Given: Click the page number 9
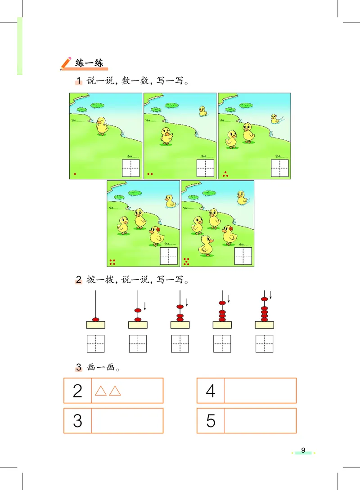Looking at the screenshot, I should coord(303,450).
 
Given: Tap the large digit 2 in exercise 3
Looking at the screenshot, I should coord(77,391).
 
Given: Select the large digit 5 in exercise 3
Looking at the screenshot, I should coord(211,421).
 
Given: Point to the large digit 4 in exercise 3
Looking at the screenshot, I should coord(211,391).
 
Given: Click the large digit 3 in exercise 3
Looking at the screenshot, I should coord(77,421).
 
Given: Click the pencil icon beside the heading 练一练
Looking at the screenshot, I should coord(66,63).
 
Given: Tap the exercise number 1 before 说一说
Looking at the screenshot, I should coord(79,81).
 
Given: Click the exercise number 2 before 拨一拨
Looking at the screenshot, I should coord(79,280).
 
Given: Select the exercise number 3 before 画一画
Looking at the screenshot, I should coord(79,367).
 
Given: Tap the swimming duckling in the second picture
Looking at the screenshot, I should coord(203,111).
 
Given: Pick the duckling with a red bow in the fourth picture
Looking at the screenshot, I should coord(156,235).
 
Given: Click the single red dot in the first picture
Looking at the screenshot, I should coord(75,174).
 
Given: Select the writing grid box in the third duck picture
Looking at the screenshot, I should coord(280,168).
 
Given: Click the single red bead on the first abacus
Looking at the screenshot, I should coord(95,320).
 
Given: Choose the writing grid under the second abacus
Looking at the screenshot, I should coord(138,344).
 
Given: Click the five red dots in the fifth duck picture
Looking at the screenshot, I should coord(187,261).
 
